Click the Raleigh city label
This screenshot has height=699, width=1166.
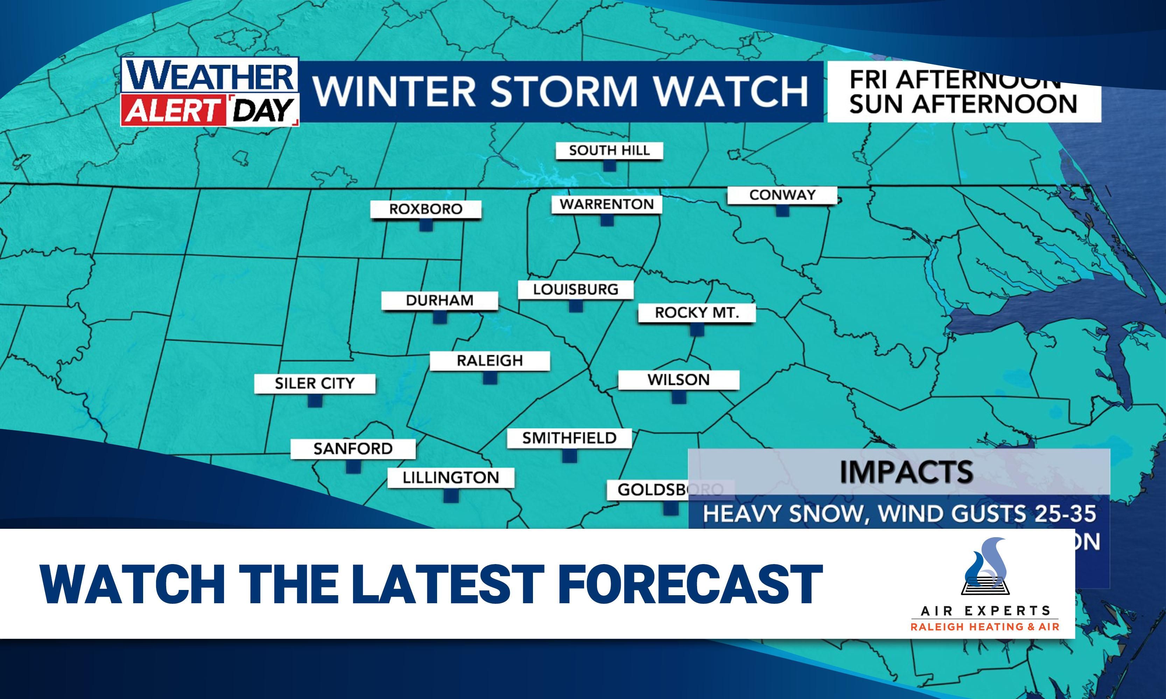coord(490,361)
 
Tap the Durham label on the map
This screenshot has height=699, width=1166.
coord(440,301)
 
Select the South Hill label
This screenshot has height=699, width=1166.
coord(609,151)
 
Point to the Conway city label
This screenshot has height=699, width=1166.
coord(782,195)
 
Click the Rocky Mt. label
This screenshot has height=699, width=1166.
coord(697,313)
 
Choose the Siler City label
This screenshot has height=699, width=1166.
coord(315,383)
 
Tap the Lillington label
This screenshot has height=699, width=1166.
coord(451,478)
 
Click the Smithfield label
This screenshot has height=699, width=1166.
coord(569,438)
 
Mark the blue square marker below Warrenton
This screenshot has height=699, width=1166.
coord(607,220)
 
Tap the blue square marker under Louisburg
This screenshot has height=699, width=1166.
coord(576,306)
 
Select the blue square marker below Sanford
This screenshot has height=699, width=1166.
coord(353,466)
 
